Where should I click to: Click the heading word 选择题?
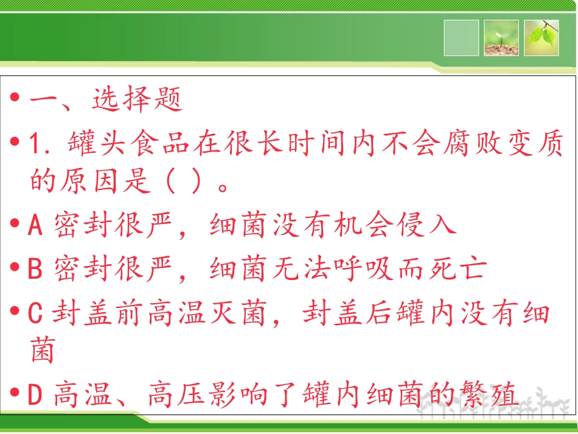click(x=138, y=100)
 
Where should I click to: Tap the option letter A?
click(x=35, y=226)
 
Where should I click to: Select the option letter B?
click(x=35, y=268)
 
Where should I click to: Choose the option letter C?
click(x=35, y=313)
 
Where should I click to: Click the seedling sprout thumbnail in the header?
click(x=501, y=38)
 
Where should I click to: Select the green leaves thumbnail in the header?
click(x=541, y=38)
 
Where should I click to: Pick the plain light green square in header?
click(x=461, y=38)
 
